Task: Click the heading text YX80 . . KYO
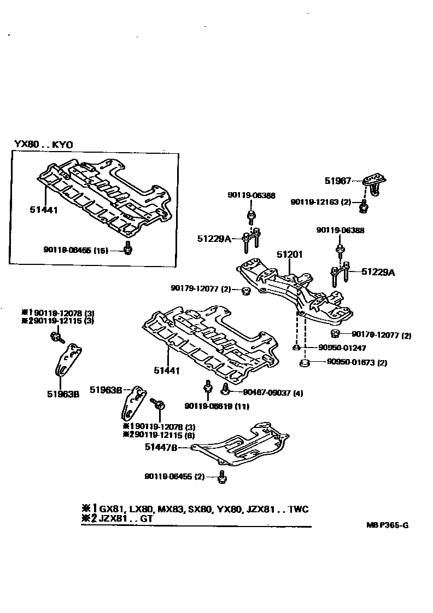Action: coord(44,144)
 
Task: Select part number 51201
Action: coord(289,255)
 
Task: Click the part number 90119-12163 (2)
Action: coord(320,202)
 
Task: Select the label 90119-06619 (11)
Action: coord(210,406)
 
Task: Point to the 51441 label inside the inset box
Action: coord(43,209)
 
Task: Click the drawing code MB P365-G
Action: coord(387,525)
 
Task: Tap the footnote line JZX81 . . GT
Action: coord(118,518)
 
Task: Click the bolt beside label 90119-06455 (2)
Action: coord(222,477)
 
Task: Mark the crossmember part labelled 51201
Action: coord(295,290)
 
